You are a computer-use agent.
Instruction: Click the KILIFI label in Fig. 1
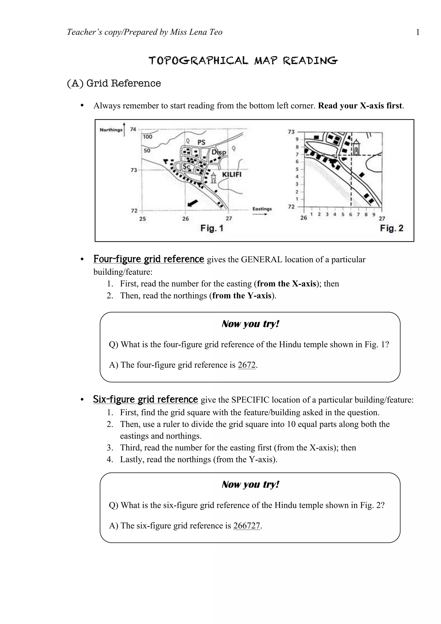pyautogui.click(x=231, y=174)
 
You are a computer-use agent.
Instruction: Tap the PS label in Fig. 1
pyautogui.click(x=201, y=142)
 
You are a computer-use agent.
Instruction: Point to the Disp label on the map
pyautogui.click(x=219, y=152)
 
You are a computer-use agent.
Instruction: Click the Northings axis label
pyautogui.click(x=111, y=130)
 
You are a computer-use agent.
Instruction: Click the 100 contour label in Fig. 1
pyautogui.click(x=148, y=137)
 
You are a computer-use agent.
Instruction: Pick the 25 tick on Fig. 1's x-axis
pyautogui.click(x=142, y=219)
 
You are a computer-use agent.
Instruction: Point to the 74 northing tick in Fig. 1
pyautogui.click(x=133, y=129)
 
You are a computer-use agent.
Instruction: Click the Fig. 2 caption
pyautogui.click(x=391, y=228)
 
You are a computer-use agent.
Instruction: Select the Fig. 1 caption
pyautogui.click(x=212, y=228)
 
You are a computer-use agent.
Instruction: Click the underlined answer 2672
pyautogui.click(x=247, y=365)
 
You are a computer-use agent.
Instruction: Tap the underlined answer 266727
pyautogui.click(x=247, y=526)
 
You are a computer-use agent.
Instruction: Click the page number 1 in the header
pyautogui.click(x=418, y=32)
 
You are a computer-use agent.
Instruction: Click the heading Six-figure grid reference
pyautogui.click(x=145, y=399)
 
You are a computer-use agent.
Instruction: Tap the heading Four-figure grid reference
pyautogui.click(x=149, y=259)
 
